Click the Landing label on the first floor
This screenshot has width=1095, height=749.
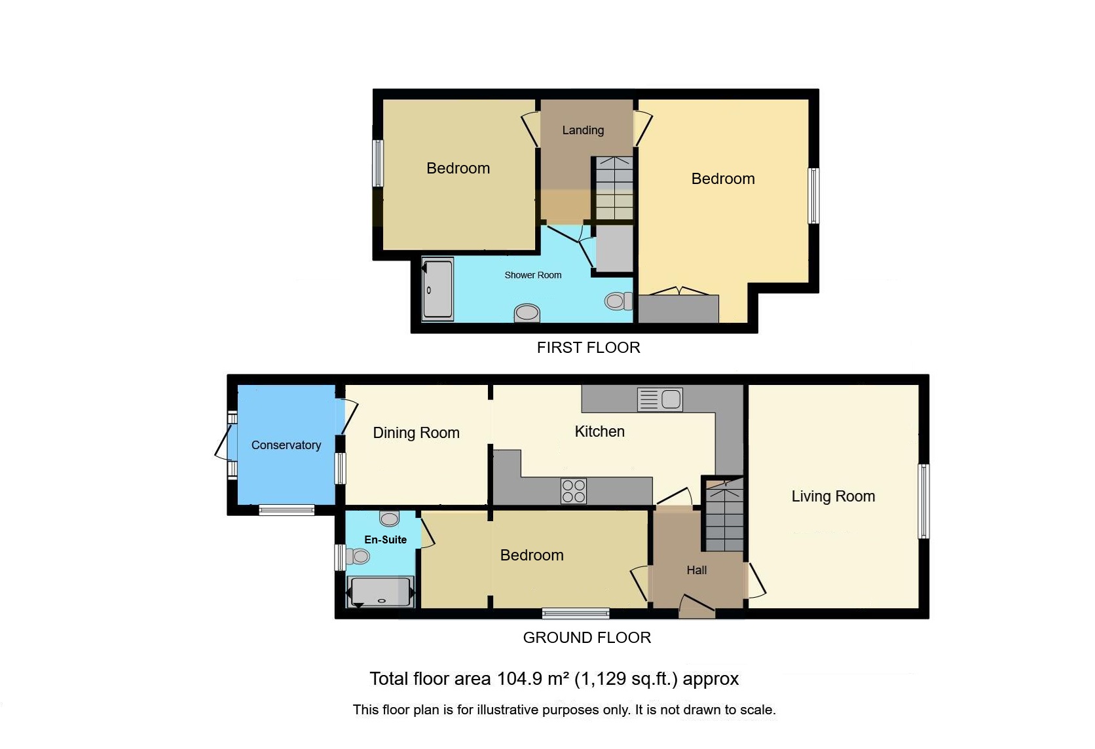tap(583, 130)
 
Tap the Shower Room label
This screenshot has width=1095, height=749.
tap(533, 275)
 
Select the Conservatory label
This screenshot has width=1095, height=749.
tap(286, 445)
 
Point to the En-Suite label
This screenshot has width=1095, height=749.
tap(386, 539)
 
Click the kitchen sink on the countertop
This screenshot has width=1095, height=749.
tap(660, 399)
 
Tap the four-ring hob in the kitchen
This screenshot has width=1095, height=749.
tap(574, 491)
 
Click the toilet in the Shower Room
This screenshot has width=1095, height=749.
tap(618, 301)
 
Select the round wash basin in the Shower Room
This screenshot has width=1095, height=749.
tap(527, 313)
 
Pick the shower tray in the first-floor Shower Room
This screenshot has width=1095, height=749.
tap(437, 289)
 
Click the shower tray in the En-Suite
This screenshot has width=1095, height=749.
tap(380, 592)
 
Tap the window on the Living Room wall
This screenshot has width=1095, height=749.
tap(923, 502)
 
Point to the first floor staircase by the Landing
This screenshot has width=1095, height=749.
tap(614, 188)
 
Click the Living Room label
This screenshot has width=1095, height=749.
tap(833, 496)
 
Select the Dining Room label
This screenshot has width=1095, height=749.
tap(416, 433)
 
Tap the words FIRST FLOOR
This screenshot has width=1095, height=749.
tap(589, 348)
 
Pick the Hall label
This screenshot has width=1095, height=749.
tap(697, 570)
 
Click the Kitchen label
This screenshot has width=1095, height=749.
tap(600, 431)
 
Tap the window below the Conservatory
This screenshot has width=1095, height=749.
tap(286, 510)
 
